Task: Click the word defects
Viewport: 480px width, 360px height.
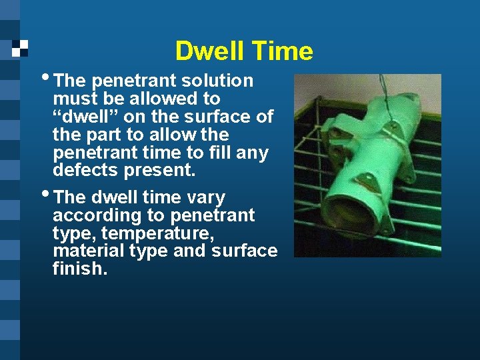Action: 85,171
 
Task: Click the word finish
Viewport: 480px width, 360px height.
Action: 79,269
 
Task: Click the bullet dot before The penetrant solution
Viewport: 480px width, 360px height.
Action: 46,77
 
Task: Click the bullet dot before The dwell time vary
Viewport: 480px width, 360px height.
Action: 46,193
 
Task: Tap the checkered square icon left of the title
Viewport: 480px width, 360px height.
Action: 20,47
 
